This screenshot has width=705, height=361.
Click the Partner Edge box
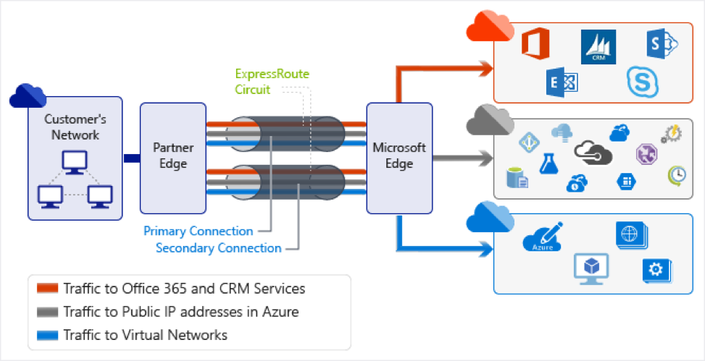(x=170, y=158)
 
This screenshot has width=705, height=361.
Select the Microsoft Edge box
(x=399, y=157)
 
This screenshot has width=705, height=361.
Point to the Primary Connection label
(x=198, y=232)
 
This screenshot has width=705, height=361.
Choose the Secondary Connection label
(x=218, y=248)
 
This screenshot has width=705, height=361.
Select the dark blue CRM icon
(x=598, y=47)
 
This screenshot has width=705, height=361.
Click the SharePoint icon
(x=661, y=44)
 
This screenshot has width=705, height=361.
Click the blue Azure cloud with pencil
(x=542, y=238)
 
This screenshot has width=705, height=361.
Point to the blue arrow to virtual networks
(x=449, y=248)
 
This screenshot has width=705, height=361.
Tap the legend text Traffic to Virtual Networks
(x=145, y=335)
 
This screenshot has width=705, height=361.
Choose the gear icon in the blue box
(x=656, y=270)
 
